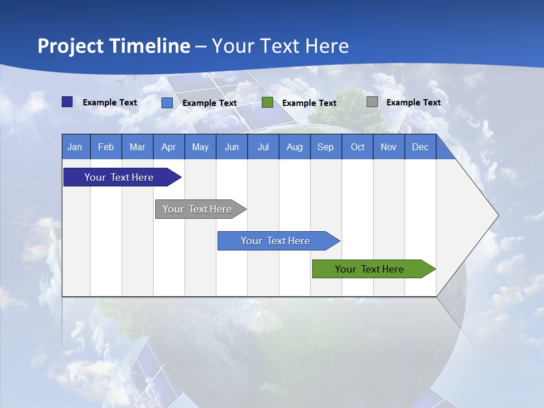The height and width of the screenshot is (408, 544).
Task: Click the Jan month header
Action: point(75,147)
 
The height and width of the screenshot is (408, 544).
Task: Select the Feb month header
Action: point(106,147)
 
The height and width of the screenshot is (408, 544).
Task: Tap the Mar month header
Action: point(137,147)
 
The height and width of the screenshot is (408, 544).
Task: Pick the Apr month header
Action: point(169,147)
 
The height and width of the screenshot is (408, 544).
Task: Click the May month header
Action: point(200,147)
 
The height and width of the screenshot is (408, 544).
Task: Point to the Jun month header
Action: point(232,147)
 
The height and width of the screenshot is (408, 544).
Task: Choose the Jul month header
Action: point(263,147)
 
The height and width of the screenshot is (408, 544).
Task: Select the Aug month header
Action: point(295,147)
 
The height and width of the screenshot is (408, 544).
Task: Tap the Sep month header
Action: point(326,147)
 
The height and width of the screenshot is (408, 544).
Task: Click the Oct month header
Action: point(358,147)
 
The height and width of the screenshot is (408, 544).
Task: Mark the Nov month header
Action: point(389,147)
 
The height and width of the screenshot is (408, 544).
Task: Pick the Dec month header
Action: point(420,147)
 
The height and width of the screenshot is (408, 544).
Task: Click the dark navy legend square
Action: point(67,102)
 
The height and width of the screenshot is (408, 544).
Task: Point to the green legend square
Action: point(267,103)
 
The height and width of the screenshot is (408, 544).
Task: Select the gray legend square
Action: point(372,102)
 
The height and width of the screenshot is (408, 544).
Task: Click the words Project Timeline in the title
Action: point(114,46)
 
